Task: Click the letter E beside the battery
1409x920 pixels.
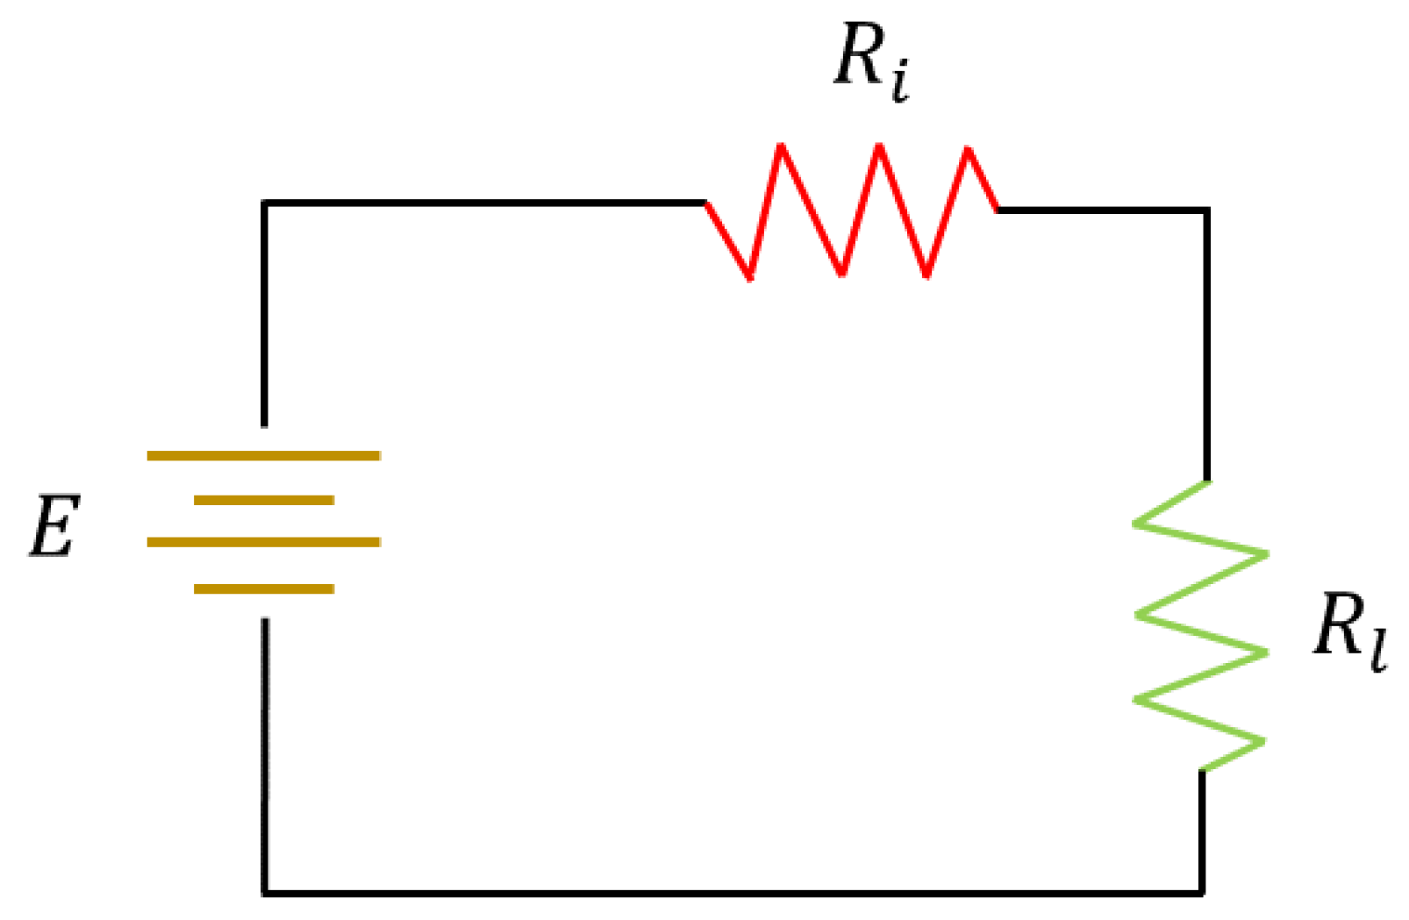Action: tap(54, 526)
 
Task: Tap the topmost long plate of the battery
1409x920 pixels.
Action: tap(263, 455)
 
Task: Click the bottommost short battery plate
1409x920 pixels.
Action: tap(263, 588)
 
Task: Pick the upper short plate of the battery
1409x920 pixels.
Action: tap(263, 500)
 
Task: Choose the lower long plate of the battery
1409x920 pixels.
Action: tap(263, 542)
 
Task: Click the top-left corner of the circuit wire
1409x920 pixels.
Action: tap(264, 203)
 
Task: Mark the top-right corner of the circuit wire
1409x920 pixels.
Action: tap(1207, 210)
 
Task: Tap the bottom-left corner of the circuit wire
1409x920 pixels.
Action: tap(265, 892)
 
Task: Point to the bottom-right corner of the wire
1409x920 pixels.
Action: tap(1201, 892)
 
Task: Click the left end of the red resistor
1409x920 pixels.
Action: tap(706, 203)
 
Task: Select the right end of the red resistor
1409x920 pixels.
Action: tap(998, 210)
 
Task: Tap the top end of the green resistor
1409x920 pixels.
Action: tap(1207, 481)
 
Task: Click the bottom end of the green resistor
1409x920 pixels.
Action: tap(1201, 770)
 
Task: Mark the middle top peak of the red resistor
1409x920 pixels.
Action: tap(878, 146)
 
